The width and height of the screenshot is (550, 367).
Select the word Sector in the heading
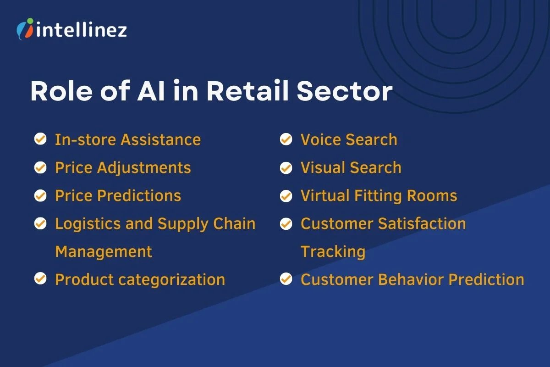coord(345,92)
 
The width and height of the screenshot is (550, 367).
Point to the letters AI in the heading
coord(153,92)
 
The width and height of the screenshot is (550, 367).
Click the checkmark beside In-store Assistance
coord(40,139)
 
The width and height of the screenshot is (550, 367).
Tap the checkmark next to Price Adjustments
coord(40,167)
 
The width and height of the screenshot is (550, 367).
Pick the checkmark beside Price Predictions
coord(40,195)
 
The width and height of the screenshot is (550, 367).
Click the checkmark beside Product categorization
coord(40,279)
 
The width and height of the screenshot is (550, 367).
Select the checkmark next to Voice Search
coord(286,139)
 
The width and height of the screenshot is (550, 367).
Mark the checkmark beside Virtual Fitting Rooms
coord(286,195)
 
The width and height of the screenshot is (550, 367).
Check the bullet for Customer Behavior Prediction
coord(286,279)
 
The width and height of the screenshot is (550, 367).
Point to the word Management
coord(104,251)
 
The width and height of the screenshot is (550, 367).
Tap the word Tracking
coord(333,251)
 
